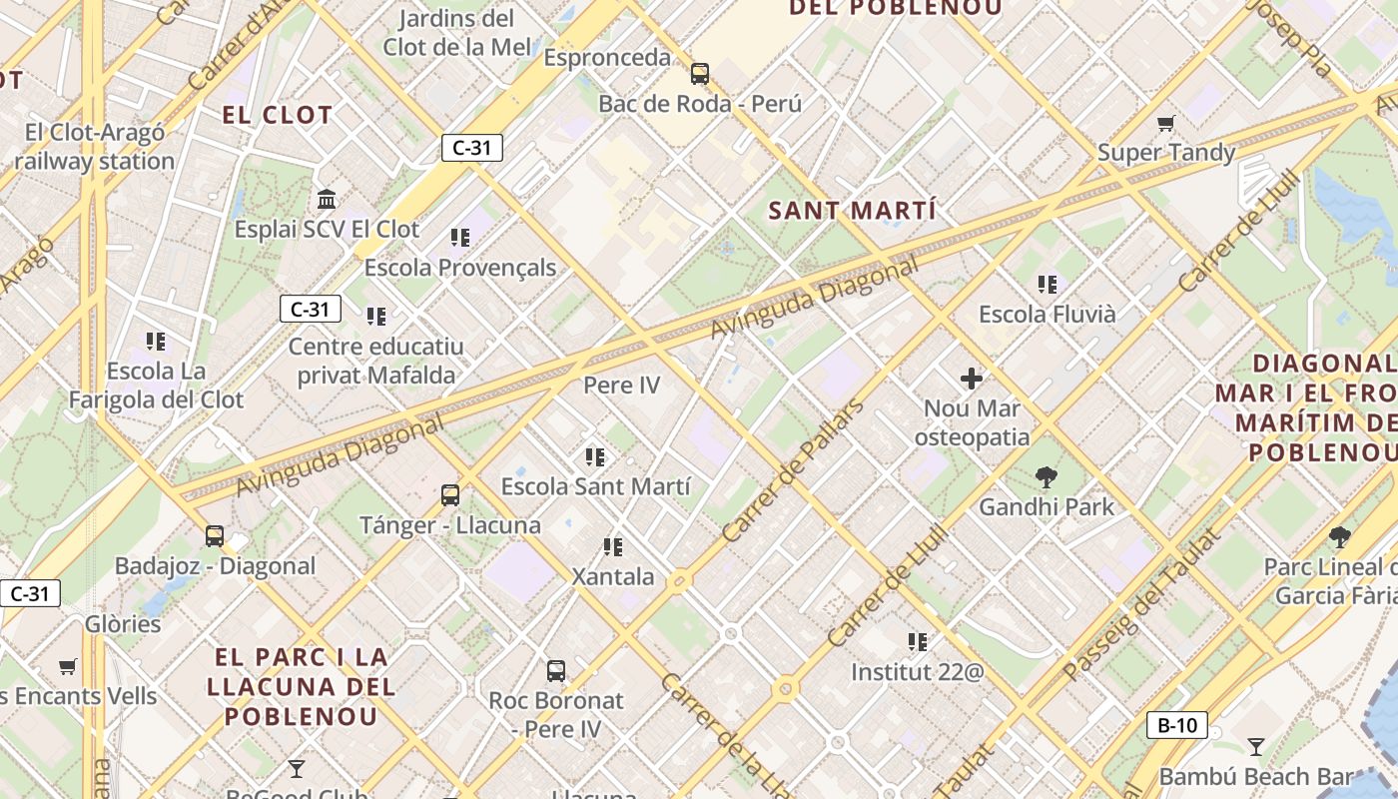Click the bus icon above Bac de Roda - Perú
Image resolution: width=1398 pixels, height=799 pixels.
(700, 73)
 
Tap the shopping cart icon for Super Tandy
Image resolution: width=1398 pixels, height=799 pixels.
(1165, 124)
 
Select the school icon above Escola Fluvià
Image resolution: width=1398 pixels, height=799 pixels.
(1047, 285)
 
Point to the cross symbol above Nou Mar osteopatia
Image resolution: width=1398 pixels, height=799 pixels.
(972, 379)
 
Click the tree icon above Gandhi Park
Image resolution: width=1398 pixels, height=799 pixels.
(1046, 476)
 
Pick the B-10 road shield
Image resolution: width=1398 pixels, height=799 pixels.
(1177, 725)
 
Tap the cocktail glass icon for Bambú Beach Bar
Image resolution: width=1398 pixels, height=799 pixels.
(1256, 746)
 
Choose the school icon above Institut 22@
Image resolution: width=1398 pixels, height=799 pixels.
(918, 641)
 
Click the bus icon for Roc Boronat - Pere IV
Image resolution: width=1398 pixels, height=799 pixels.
(556, 670)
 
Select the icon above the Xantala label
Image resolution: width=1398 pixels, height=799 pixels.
(613, 546)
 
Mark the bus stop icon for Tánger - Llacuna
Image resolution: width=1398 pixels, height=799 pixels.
(450, 494)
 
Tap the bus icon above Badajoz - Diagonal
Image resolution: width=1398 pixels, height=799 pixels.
(215, 535)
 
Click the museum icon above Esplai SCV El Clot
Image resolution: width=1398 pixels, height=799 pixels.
(327, 199)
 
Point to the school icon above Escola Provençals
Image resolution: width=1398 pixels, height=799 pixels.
(459, 237)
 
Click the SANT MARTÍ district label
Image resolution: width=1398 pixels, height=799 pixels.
(853, 211)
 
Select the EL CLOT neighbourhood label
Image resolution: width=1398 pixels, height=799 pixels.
(277, 115)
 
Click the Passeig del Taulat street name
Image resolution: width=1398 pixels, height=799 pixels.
(1141, 604)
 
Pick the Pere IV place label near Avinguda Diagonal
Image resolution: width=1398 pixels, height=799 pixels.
(621, 385)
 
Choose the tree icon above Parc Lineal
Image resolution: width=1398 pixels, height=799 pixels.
(1340, 537)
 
